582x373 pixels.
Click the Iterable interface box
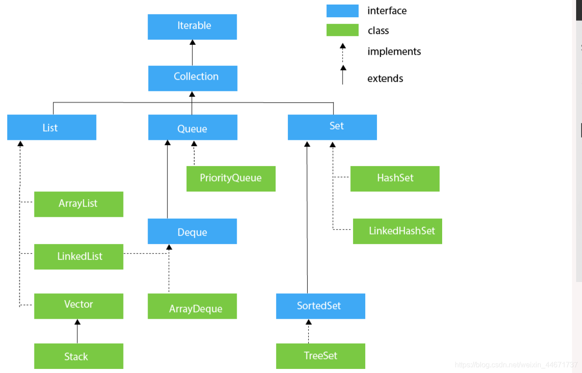click(192, 27)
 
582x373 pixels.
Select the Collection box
click(193, 78)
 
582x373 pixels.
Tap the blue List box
click(52, 127)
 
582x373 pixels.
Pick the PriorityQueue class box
click(231, 178)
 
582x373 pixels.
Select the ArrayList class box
click(79, 204)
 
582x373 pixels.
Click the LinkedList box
click(79, 257)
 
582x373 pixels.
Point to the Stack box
click(79, 356)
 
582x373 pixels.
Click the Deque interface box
click(192, 231)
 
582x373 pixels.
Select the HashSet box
click(395, 178)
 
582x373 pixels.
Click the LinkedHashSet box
click(397, 231)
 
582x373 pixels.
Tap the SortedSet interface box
click(320, 306)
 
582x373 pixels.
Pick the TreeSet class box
click(320, 356)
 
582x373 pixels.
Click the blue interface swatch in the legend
click(342, 11)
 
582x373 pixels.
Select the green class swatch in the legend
click(342, 30)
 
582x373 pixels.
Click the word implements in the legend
click(394, 52)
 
